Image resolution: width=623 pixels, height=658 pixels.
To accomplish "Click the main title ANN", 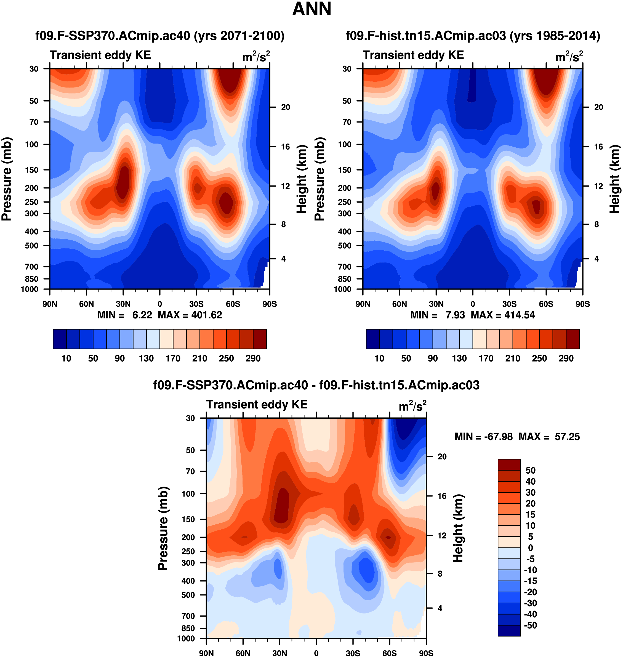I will click(311, 9).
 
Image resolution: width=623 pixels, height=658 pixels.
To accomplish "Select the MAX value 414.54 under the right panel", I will click(519, 315).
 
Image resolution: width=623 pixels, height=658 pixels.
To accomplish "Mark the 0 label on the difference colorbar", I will click(530, 548).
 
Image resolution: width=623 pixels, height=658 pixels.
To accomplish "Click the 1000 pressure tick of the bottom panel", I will click(186, 638).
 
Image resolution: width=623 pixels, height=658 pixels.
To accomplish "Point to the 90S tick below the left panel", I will click(269, 304).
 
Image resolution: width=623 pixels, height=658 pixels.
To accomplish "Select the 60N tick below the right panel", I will click(400, 304).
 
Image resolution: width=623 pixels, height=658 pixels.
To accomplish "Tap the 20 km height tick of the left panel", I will click(285, 107).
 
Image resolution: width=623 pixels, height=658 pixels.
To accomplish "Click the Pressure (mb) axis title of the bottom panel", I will click(163, 528).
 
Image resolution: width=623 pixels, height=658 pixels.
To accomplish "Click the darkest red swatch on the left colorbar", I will click(260, 339).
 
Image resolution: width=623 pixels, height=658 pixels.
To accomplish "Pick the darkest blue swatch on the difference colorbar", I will click(509, 630).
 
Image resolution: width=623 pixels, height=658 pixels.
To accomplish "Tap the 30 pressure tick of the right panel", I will click(347, 69).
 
